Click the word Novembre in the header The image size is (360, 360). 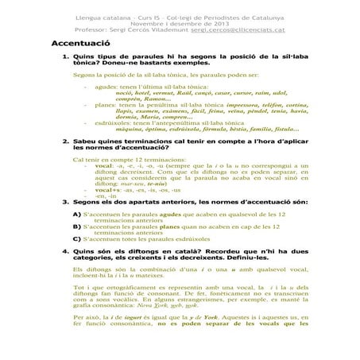(151, 21)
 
